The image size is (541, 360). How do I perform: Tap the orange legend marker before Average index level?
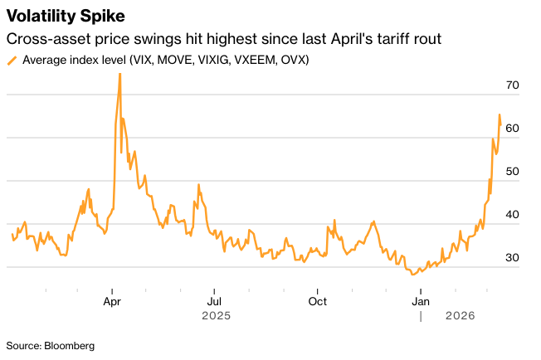pyautogui.click(x=12, y=61)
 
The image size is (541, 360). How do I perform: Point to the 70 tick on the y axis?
pyautogui.click(x=512, y=85)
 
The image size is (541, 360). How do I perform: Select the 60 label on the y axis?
pyautogui.click(x=512, y=129)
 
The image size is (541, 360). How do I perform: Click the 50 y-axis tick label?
pyautogui.click(x=512, y=172)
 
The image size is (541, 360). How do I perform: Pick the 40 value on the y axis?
pyautogui.click(x=512, y=215)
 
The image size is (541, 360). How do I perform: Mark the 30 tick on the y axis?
pyautogui.click(x=512, y=258)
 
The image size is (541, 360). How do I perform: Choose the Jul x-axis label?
pyautogui.click(x=214, y=301)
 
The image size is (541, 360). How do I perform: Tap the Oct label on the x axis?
pyautogui.click(x=317, y=301)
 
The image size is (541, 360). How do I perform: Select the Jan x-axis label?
pyautogui.click(x=421, y=301)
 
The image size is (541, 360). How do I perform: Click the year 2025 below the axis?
pyautogui.click(x=214, y=316)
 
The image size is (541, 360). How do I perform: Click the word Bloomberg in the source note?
pyautogui.click(x=70, y=345)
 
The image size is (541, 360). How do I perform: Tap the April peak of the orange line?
pyautogui.click(x=119, y=74)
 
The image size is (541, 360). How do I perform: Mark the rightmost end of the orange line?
pyautogui.click(x=500, y=124)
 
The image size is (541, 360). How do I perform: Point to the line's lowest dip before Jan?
pyautogui.click(x=412, y=273)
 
